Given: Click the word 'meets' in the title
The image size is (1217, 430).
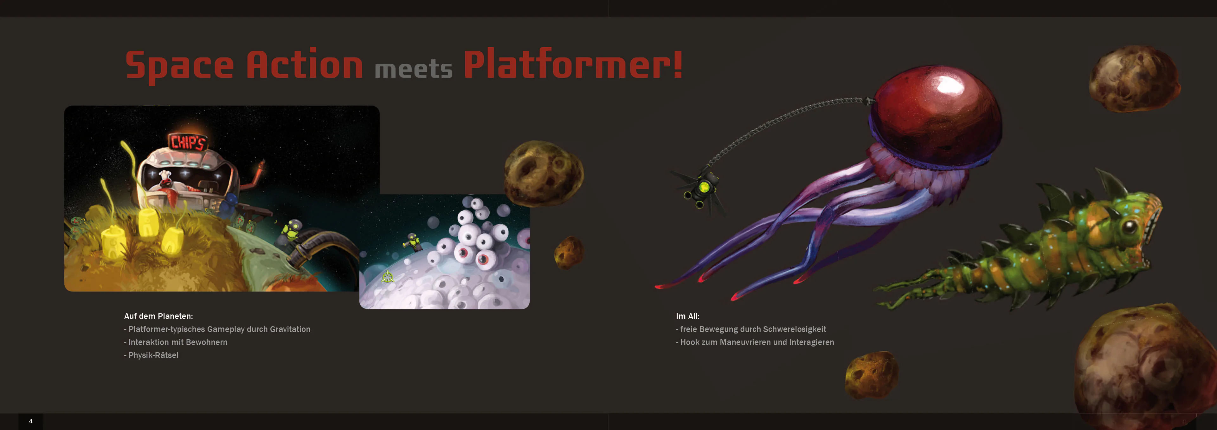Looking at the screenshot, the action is coord(413,69).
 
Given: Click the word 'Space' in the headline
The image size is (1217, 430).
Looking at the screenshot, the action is coord(179,66).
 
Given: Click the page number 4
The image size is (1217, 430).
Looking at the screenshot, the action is coord(31,421).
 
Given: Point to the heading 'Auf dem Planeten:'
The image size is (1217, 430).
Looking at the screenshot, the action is coord(158,316).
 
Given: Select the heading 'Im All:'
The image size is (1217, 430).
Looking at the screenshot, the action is coord(687,316).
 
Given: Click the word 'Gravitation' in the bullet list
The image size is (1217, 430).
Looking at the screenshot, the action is coord(290,329).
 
